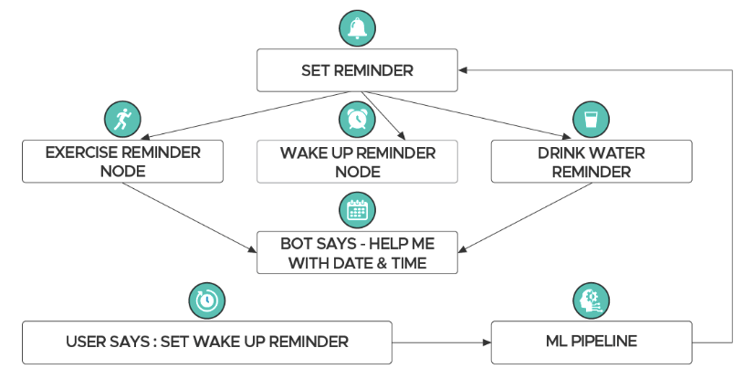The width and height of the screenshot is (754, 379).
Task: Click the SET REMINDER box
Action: click(357, 70)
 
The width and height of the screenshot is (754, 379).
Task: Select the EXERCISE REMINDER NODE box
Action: click(123, 162)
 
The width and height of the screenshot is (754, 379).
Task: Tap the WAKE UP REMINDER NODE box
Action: click(357, 162)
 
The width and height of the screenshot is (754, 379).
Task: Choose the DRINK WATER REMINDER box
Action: click(590, 162)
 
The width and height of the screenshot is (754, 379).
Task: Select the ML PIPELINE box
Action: click(590, 342)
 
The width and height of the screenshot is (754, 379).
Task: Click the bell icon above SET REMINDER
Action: click(357, 27)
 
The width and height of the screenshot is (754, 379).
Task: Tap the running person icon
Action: click(123, 119)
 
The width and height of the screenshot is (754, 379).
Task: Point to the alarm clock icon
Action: click(357, 119)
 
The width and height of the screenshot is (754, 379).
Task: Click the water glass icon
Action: click(590, 119)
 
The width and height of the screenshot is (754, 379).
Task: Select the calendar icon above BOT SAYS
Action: click(357, 210)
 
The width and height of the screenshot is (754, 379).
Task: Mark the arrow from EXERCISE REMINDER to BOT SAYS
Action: click(188, 216)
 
